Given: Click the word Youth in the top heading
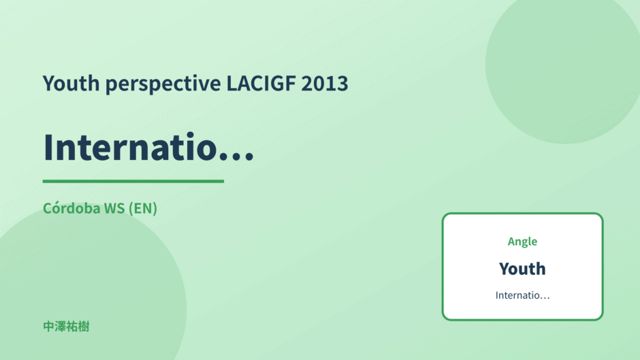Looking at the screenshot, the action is point(71,83).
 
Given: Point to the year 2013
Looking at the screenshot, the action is point(325,83).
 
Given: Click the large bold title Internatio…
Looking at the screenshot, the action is point(148,147).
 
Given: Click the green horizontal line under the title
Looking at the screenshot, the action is point(133,181).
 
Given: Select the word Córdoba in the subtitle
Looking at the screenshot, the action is point(71,208).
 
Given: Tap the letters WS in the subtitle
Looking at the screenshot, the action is point(114,208).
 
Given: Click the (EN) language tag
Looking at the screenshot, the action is point(143,208).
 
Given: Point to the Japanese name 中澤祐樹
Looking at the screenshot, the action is point(66,327).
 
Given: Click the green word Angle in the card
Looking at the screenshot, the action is point(522,242).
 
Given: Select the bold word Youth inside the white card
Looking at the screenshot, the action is point(522,269).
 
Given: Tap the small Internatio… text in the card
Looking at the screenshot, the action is point(523,295).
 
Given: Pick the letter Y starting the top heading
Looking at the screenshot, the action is point(49,84).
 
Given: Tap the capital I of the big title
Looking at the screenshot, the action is point(48,148).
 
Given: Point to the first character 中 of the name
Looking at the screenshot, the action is point(48,327).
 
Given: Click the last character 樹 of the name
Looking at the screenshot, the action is point(84,327).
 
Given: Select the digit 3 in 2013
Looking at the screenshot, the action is point(342,84).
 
